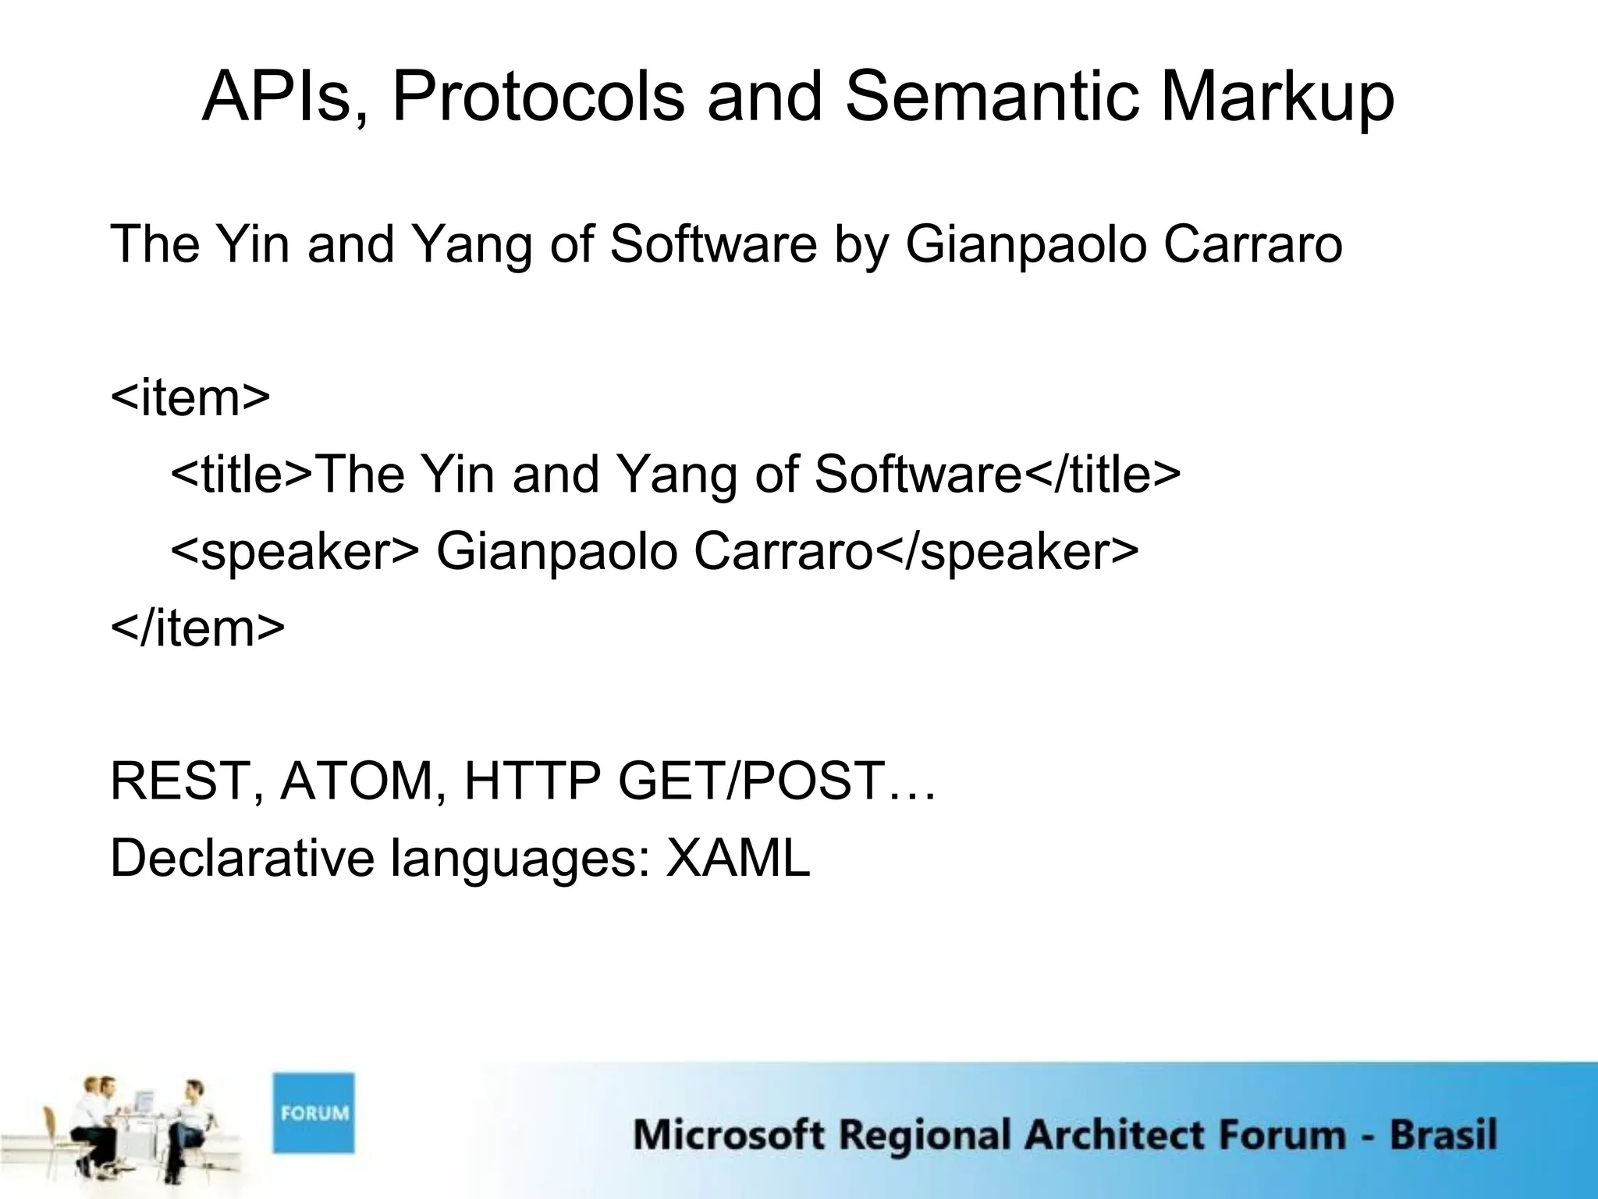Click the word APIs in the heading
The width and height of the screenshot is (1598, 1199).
276,97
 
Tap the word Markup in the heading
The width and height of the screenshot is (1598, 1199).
1277,98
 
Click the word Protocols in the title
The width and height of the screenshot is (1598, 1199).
538,97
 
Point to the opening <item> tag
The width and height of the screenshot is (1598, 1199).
190,397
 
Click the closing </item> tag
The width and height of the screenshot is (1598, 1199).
197,628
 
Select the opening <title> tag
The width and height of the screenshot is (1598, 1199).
241,474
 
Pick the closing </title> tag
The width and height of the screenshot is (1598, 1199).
1102,474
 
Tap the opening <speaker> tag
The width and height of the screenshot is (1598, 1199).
295,552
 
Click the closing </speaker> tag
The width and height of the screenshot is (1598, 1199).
1007,552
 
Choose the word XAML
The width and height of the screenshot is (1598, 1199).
737,858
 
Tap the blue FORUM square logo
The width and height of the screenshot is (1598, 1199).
314,1113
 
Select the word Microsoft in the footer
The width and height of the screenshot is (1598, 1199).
728,1135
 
